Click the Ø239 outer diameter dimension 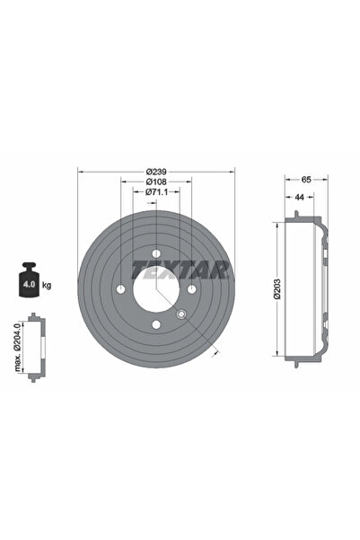(x=156, y=171)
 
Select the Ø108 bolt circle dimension (x=156, y=181)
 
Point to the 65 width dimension (x=306, y=180)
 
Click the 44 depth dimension (x=297, y=196)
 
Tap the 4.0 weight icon (x=28, y=285)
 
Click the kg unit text (x=47, y=285)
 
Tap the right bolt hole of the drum (x=191, y=288)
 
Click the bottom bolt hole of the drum (x=156, y=324)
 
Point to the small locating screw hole (x=181, y=314)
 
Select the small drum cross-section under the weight (x=35, y=348)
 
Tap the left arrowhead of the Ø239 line (x=81, y=171)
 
